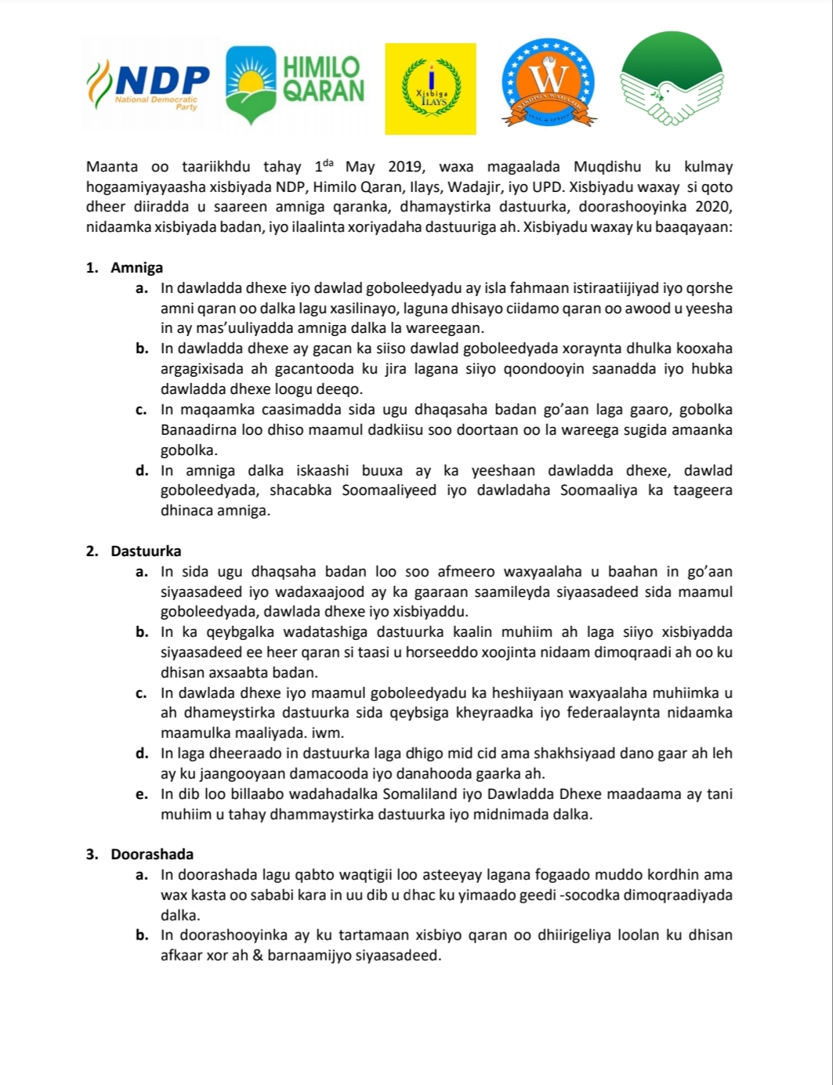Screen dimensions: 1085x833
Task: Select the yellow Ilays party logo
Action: [x=430, y=89]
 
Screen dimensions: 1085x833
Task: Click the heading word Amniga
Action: [x=137, y=268]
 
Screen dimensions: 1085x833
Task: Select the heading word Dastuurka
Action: [x=146, y=551]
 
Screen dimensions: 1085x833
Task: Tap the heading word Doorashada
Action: [x=152, y=854]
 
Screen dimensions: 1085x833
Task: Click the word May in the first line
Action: [x=360, y=167]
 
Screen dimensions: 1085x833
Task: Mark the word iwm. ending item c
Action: [x=329, y=733]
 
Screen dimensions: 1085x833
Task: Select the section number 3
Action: [x=92, y=854]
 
